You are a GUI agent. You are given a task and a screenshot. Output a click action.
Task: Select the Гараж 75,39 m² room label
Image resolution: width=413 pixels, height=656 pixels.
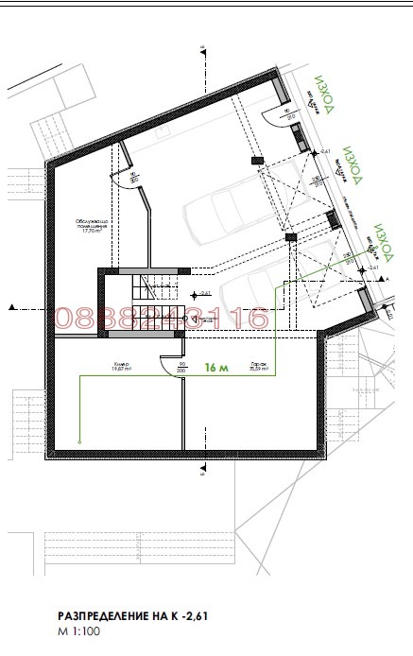click(x=258, y=369)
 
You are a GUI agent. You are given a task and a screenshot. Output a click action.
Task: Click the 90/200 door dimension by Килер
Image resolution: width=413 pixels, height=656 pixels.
click(x=181, y=368)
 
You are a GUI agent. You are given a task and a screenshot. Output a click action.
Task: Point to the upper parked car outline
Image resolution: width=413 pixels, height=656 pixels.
click(x=236, y=208)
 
